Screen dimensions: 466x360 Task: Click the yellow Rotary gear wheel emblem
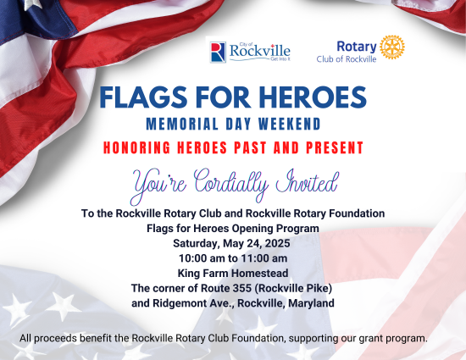pyautogui.click(x=392, y=47)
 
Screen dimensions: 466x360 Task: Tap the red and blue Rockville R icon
pyautogui.click(x=218, y=53)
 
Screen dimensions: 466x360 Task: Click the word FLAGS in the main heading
pyautogui.click(x=143, y=97)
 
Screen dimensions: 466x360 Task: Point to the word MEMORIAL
pyautogui.click(x=182, y=124)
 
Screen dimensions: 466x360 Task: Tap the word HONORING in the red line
pyautogui.click(x=136, y=147)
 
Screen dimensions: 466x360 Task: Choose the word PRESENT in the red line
pyautogui.click(x=335, y=147)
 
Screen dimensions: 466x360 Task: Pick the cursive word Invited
pyautogui.click(x=308, y=181)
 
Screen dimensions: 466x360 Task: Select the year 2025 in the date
pyautogui.click(x=277, y=243)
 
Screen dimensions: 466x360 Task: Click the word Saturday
pyautogui.click(x=197, y=244)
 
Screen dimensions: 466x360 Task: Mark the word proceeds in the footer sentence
pyautogui.click(x=56, y=339)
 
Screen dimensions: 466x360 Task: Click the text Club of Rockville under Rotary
pyautogui.click(x=347, y=59)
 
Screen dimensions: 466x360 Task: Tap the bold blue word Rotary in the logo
pyautogui.click(x=357, y=47)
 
